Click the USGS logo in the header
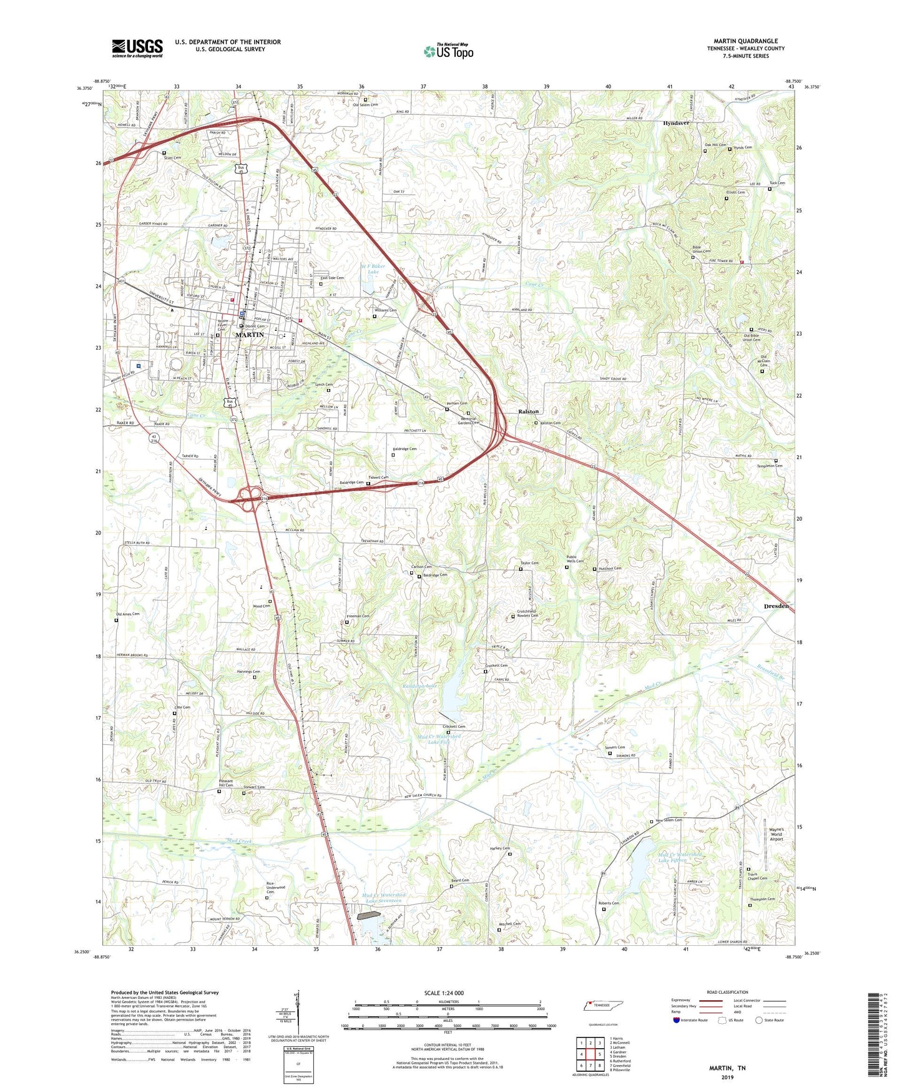(137, 47)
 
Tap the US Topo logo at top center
(448, 51)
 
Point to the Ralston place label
(529, 411)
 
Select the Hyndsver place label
(676, 124)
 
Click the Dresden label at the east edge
(776, 606)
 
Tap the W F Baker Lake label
(373, 269)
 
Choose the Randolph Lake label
(420, 686)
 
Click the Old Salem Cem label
(365, 104)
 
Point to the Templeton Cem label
(770, 466)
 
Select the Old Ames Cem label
(127, 614)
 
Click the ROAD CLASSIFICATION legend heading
(727, 992)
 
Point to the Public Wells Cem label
(575, 559)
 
